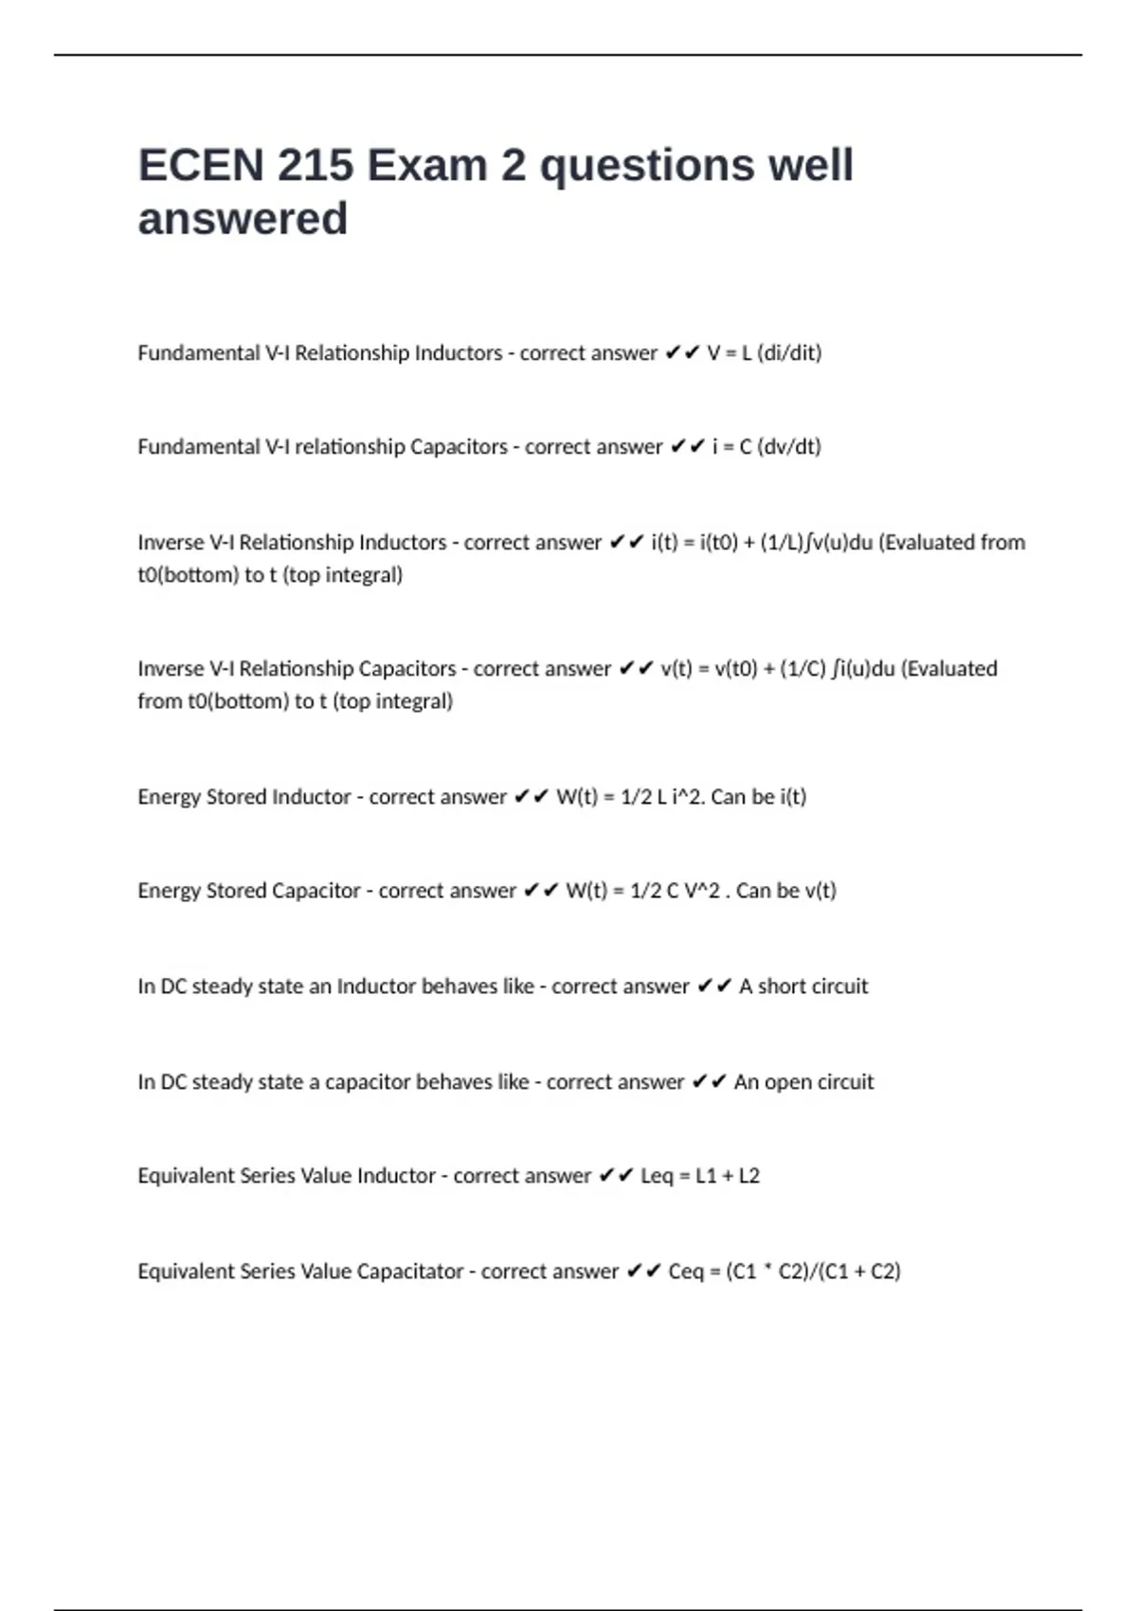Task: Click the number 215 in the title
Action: coord(315,166)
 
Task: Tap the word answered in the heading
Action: coord(243,219)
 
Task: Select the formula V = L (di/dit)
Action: coord(765,353)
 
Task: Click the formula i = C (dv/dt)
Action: coord(767,447)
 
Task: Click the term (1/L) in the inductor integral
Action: coord(781,543)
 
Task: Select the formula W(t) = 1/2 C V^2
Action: coord(642,891)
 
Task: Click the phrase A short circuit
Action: coord(803,987)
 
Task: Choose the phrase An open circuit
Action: coord(803,1082)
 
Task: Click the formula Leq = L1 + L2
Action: coord(700,1176)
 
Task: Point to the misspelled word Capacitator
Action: coord(410,1272)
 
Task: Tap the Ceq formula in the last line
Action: coord(785,1272)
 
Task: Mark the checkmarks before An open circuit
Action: coord(709,1082)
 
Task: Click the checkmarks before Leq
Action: coord(616,1176)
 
